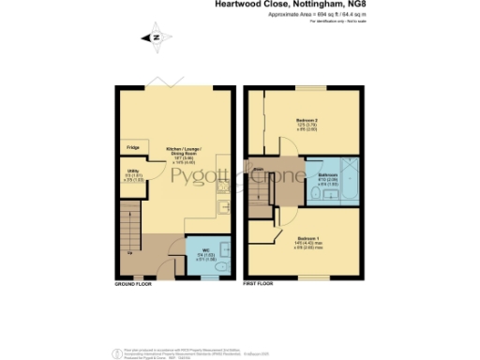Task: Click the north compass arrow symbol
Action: (x=156, y=37)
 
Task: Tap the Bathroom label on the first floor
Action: (x=328, y=178)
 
